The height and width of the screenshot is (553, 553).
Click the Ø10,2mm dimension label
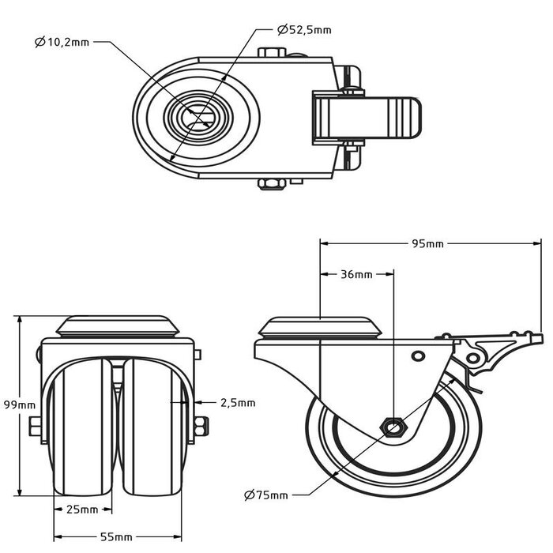[x=62, y=43]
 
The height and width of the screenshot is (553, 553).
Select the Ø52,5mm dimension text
[x=304, y=30]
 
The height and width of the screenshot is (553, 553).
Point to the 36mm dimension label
[x=356, y=275]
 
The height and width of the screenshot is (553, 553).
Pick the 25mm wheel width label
[x=82, y=508]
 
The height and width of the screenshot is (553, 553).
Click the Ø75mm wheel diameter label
[x=266, y=495]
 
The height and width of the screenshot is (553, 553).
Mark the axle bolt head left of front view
[x=34, y=427]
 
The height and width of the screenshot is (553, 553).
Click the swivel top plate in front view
[x=118, y=327]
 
